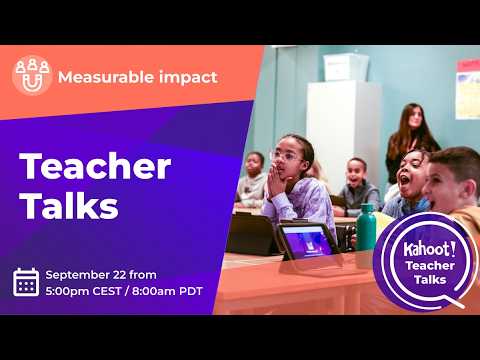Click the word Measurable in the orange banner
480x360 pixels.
tap(106, 77)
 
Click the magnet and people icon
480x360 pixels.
tap(32, 76)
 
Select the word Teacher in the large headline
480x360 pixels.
tap(95, 166)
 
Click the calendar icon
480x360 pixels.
tap(26, 282)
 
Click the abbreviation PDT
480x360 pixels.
tap(191, 291)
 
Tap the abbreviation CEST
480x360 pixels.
tap(107, 291)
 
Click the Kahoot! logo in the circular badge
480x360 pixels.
tap(430, 249)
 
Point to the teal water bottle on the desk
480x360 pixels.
tap(366, 227)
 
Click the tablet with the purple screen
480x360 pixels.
tap(307, 241)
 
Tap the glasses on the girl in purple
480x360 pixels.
tap(287, 156)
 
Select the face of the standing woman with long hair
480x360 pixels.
tap(414, 117)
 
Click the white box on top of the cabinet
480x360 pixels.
tap(346, 67)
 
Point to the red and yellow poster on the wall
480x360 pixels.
tap(468, 89)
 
